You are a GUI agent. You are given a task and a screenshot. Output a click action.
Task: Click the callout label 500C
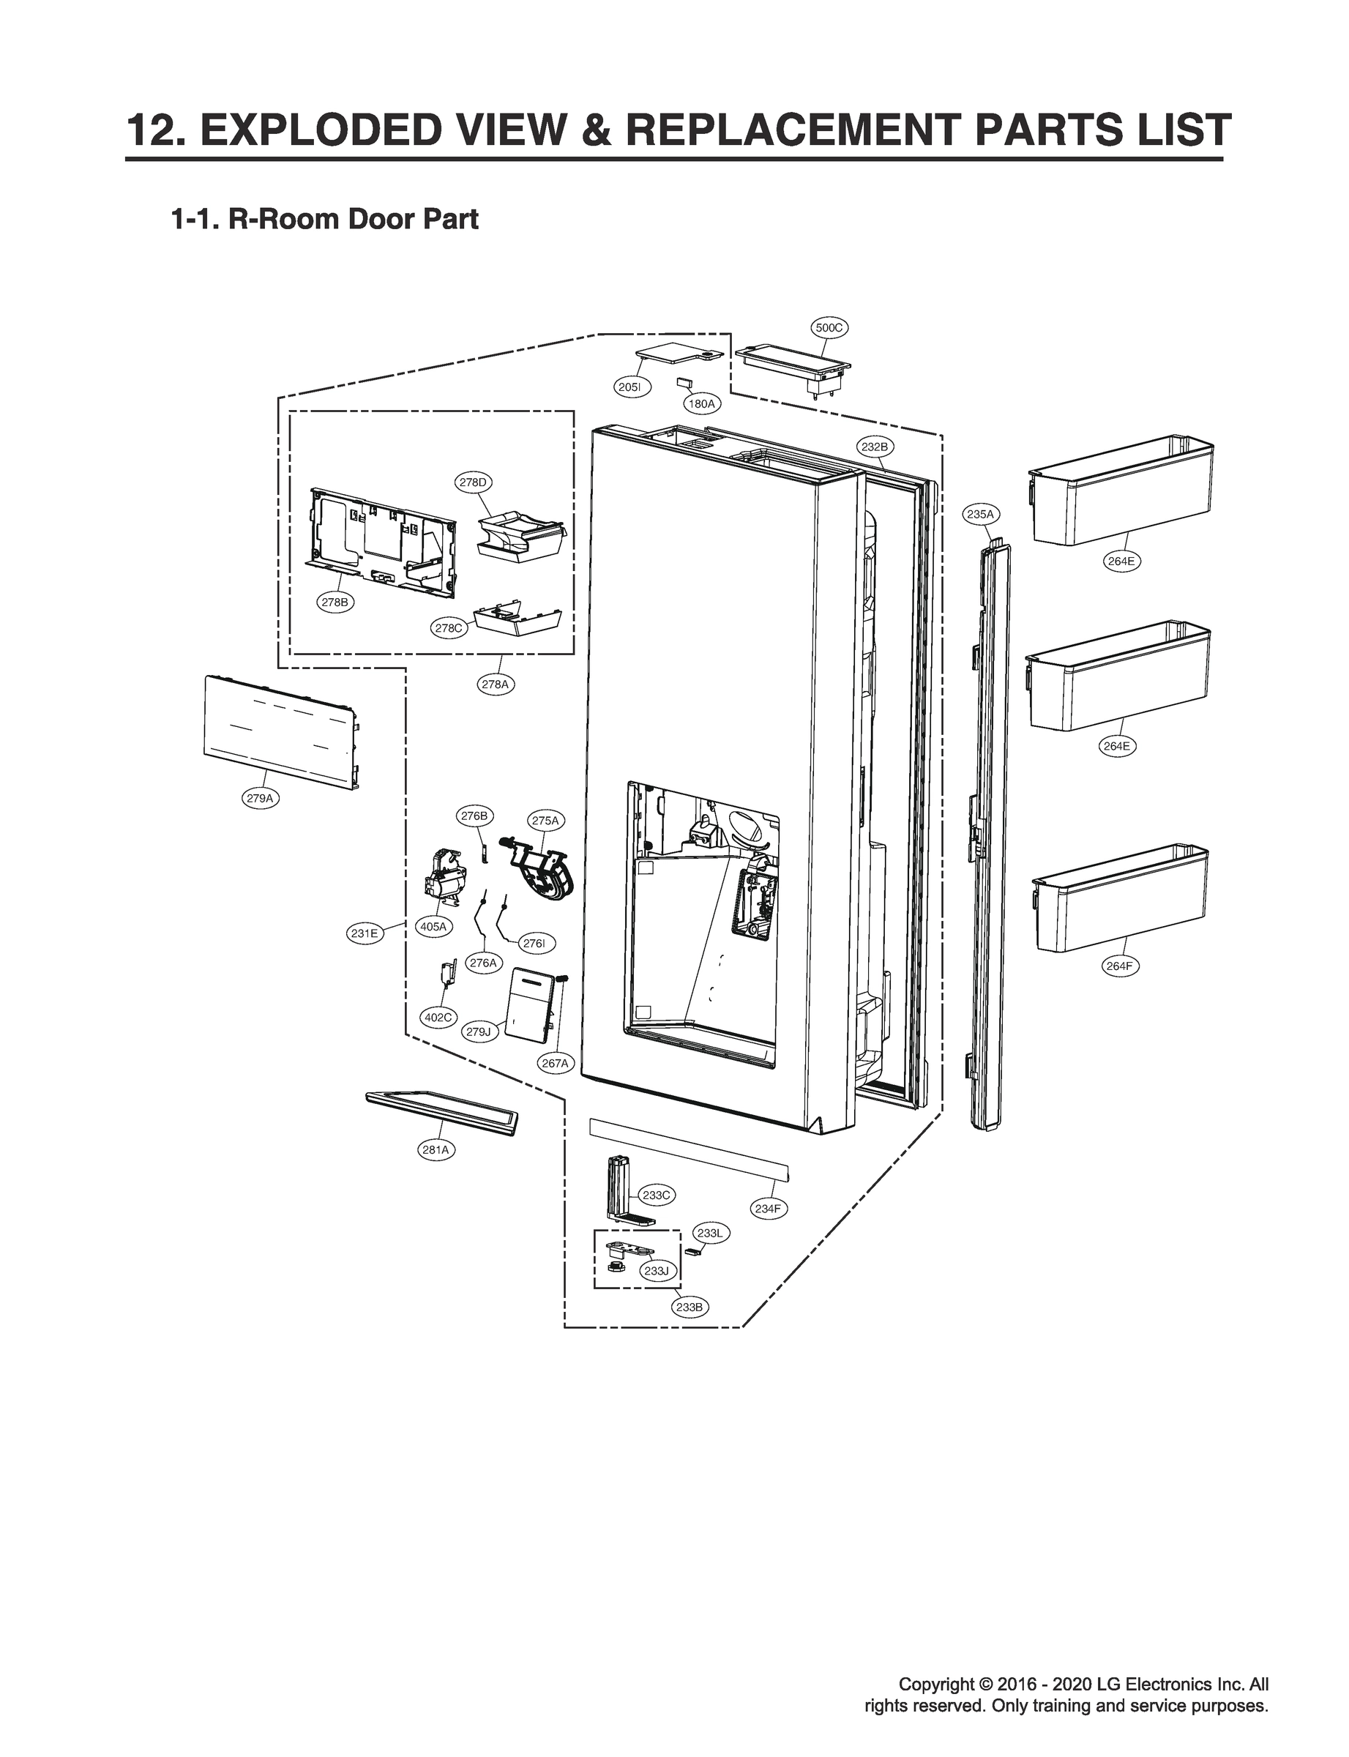point(828,328)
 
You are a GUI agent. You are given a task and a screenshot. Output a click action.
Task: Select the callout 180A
point(701,404)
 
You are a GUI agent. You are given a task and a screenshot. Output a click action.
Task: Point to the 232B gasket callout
point(875,447)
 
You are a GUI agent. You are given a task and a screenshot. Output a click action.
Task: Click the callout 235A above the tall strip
point(980,514)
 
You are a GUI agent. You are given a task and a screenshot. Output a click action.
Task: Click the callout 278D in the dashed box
point(473,482)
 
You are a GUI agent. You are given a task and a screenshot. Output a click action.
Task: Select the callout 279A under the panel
point(260,798)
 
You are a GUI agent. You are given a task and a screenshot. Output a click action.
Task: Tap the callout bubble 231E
point(364,933)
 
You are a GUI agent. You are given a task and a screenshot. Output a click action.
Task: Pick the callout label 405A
point(433,927)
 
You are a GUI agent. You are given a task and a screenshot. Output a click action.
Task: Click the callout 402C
point(438,1018)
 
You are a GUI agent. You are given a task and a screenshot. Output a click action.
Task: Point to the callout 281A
point(436,1150)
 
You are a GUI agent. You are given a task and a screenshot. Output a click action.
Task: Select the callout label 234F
point(768,1209)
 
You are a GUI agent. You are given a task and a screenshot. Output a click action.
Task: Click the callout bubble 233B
point(689,1308)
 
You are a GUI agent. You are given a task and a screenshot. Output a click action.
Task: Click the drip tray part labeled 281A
point(441,1111)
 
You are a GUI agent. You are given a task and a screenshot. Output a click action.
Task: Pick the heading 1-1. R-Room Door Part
point(324,219)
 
